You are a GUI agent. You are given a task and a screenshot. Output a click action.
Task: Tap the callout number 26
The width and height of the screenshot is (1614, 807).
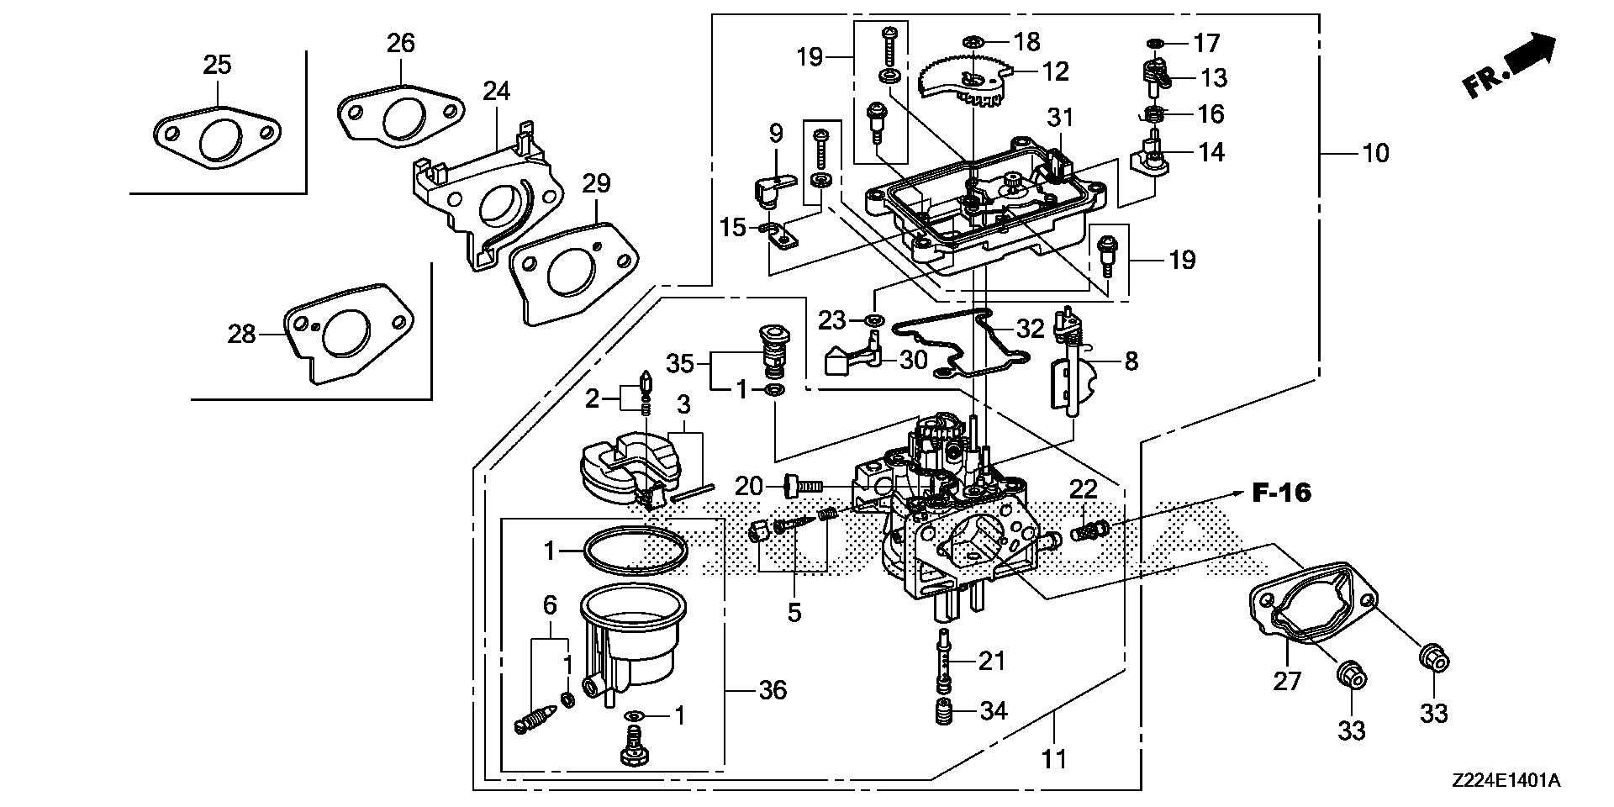tap(401, 42)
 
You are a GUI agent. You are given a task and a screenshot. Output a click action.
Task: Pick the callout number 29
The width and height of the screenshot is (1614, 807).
tap(596, 183)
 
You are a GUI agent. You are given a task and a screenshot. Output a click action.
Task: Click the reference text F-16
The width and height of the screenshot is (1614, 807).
tap(1281, 493)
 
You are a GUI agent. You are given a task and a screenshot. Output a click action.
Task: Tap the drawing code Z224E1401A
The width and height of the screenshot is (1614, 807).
tap(1505, 782)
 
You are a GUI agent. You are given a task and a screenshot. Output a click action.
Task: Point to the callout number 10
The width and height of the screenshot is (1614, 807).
tap(1376, 153)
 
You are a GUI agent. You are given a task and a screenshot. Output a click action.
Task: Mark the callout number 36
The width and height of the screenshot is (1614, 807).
tap(773, 690)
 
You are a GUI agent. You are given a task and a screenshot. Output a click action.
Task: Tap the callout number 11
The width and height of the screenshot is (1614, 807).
tap(1053, 759)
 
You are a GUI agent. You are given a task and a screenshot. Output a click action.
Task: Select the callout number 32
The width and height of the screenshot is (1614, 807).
tap(1030, 329)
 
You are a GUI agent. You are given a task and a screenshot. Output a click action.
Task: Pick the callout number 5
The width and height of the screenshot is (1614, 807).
tap(794, 612)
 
